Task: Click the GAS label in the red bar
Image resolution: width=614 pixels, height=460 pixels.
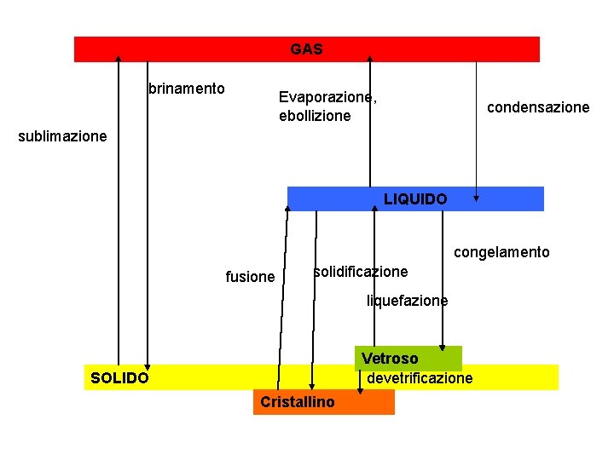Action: (x=306, y=49)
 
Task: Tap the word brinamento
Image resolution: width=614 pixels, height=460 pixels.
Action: (x=187, y=89)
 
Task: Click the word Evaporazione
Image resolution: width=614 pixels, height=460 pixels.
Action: (x=327, y=97)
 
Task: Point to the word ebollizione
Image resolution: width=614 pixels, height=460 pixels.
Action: (x=315, y=116)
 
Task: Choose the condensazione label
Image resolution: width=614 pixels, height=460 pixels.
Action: (x=538, y=107)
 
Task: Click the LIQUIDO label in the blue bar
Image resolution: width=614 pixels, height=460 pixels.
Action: (x=415, y=199)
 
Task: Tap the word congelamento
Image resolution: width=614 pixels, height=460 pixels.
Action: (x=501, y=252)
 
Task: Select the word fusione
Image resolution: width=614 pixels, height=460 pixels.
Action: (x=250, y=277)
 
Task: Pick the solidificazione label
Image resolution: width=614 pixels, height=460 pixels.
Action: (x=361, y=272)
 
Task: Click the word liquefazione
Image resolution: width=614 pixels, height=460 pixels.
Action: (x=407, y=301)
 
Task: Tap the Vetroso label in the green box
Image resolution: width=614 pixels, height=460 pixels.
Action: (x=390, y=359)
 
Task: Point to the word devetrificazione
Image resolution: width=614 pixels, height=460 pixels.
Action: (x=420, y=378)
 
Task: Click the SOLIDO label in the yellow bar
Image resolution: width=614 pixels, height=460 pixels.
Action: (x=119, y=377)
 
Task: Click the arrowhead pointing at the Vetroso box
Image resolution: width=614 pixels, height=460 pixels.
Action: (x=443, y=346)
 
